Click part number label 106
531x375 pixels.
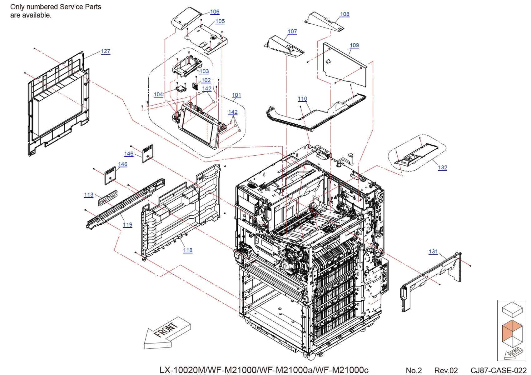tap(215, 12)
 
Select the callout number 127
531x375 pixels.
tap(106, 51)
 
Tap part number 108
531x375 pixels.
tap(345, 14)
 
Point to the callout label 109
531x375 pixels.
tap(354, 45)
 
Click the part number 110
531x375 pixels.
tap(302, 99)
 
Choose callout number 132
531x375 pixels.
tap(443, 167)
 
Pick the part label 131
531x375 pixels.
tap(433, 252)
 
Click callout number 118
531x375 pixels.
tap(188, 250)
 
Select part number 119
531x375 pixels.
tap(127, 225)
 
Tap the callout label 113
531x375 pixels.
tap(89, 195)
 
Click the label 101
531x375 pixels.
tap(236, 95)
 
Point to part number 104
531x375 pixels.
tap(158, 94)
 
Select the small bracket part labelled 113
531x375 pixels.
tap(108, 197)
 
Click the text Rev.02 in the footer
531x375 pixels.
tap(446, 370)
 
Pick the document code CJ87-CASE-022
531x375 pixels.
tap(499, 370)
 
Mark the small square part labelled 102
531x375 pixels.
tap(196, 86)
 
